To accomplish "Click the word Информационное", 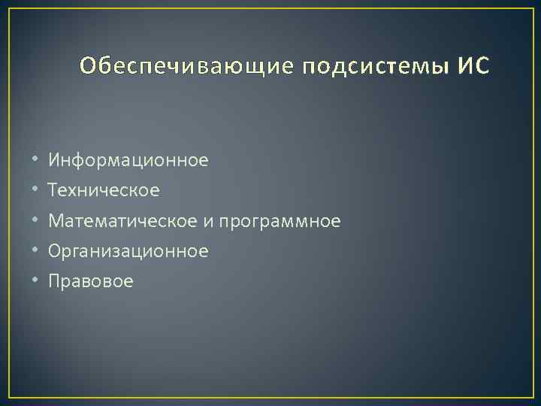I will [128, 160].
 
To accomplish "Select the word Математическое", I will [123, 221].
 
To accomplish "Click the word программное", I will [280, 222].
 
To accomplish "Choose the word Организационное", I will [128, 251].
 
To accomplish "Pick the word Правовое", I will [91, 281].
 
